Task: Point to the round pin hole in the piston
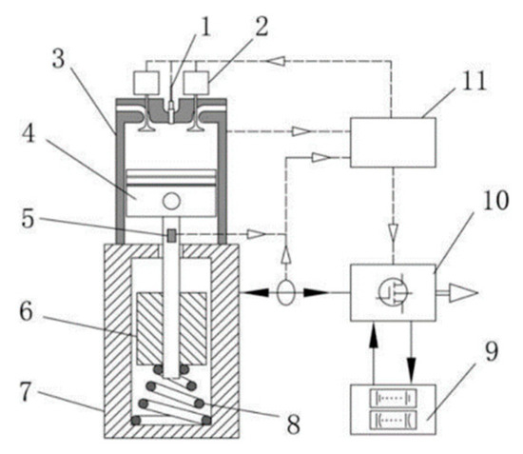click(172, 202)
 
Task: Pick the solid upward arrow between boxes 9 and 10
click(373, 339)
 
